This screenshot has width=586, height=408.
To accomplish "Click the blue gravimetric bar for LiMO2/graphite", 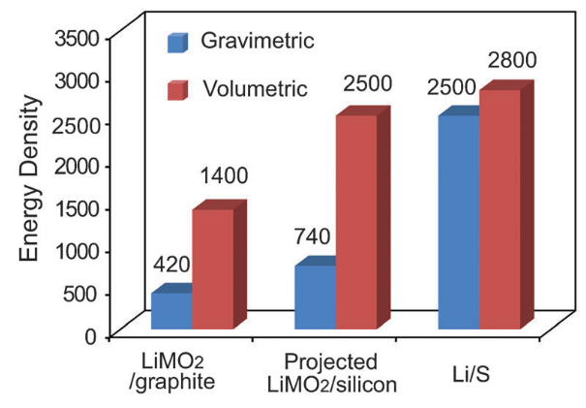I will (x=170, y=312).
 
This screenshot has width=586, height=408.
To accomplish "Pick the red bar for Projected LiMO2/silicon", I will (x=355, y=223).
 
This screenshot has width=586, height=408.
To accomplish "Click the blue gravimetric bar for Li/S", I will (x=457, y=223).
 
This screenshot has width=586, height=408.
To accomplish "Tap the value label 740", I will (x=314, y=236).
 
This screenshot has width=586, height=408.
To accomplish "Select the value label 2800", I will (x=509, y=62).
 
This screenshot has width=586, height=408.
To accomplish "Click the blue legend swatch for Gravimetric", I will (x=177, y=43).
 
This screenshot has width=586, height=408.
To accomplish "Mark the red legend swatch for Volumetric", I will (x=177, y=90).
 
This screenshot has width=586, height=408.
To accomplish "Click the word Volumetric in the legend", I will (x=256, y=90).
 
